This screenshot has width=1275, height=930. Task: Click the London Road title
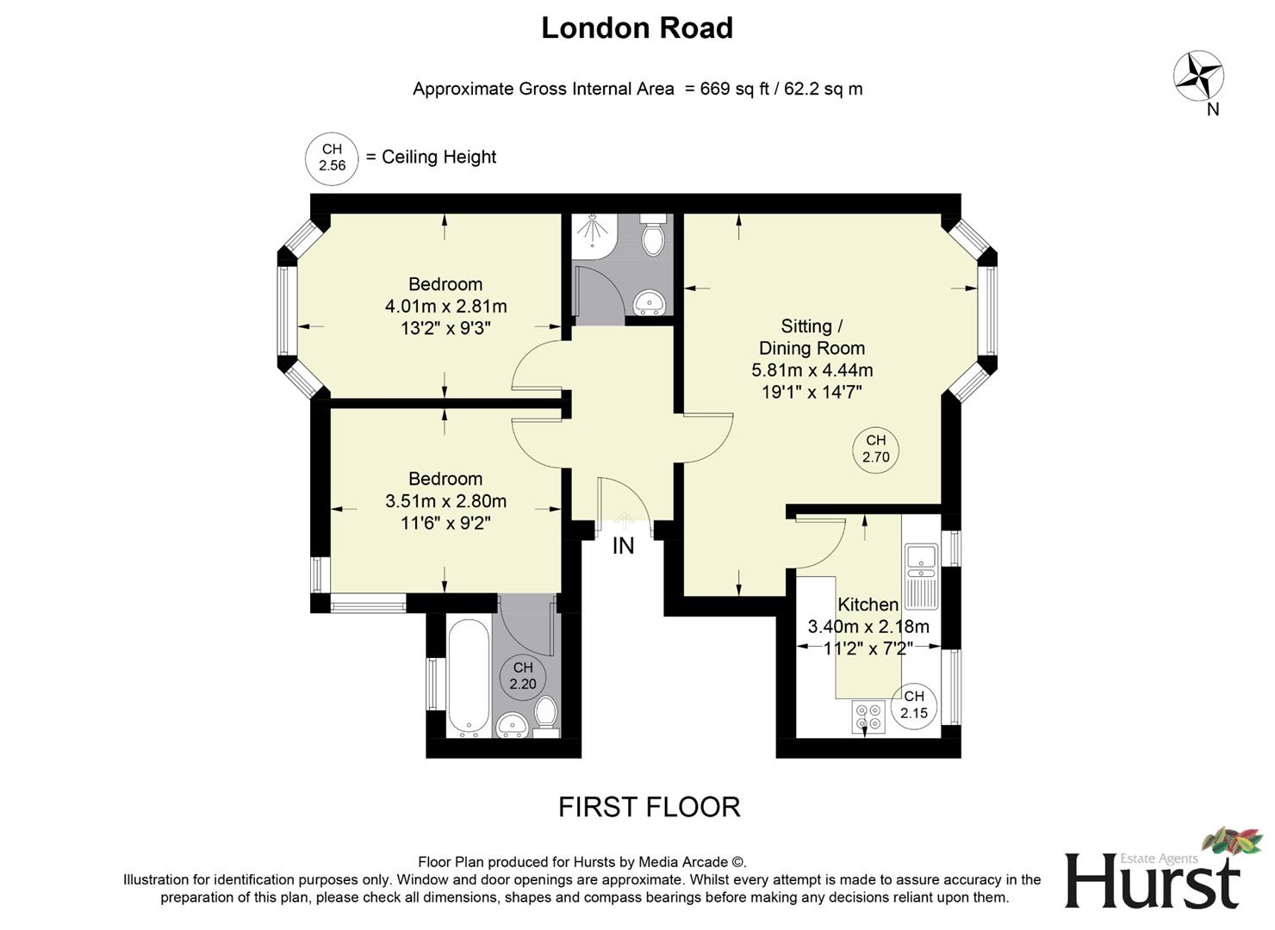click(637, 28)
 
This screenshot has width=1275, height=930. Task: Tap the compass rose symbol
click(1198, 76)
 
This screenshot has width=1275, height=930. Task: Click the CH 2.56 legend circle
click(332, 158)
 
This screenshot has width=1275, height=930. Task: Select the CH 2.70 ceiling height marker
click(875, 449)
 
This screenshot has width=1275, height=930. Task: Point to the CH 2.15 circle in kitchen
click(914, 704)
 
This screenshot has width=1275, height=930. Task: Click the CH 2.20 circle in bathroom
click(523, 676)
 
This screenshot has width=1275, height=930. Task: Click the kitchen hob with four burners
click(868, 717)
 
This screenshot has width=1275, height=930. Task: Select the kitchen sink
click(921, 561)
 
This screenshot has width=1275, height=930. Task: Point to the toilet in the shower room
click(654, 234)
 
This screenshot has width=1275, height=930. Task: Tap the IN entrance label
click(623, 546)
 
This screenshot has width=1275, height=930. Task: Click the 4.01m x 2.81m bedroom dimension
click(445, 306)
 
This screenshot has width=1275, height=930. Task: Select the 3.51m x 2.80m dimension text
click(445, 501)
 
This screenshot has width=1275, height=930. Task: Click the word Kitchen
click(868, 604)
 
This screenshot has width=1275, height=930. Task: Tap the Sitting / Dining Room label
click(812, 338)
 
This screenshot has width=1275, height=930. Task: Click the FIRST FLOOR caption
click(649, 807)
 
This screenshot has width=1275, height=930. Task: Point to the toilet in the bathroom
click(545, 715)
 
